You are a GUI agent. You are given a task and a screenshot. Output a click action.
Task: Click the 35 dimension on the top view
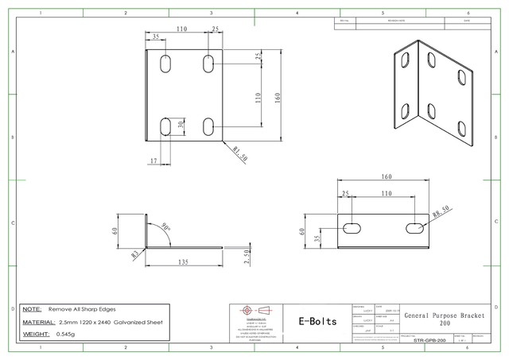click(x=156, y=37)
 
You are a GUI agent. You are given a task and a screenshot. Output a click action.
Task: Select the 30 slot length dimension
click(x=182, y=125)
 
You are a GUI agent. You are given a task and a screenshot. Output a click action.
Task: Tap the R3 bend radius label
click(x=136, y=254)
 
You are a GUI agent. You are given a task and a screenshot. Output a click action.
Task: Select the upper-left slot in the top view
click(x=166, y=64)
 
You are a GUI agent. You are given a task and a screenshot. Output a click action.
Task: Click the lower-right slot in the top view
click(x=208, y=126)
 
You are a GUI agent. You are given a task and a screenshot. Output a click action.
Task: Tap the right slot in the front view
click(x=414, y=229)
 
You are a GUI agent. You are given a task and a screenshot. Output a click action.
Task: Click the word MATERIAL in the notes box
click(x=38, y=323)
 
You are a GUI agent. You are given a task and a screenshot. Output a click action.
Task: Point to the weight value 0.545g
click(x=72, y=335)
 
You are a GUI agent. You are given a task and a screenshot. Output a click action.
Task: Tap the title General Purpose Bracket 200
click(x=444, y=319)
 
